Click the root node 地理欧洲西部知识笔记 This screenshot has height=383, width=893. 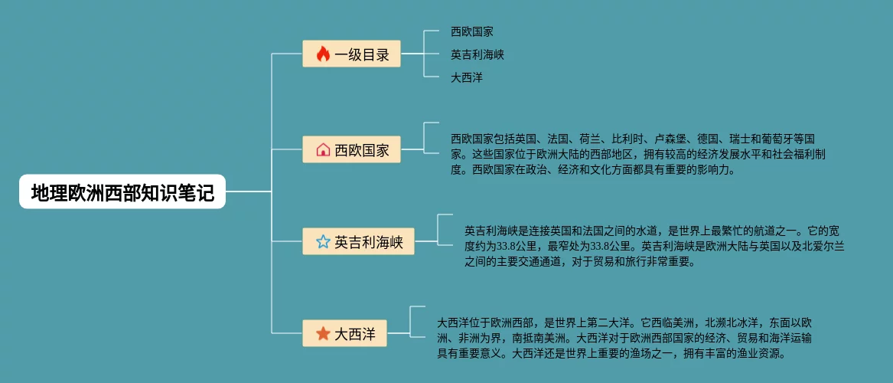pos(122,191)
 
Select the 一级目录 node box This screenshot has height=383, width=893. pos(351,54)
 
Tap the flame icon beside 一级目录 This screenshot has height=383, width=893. pos(322,54)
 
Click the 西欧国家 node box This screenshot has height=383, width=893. pos(351,149)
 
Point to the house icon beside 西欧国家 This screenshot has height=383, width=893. pos(323,149)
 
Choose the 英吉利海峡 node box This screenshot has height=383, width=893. pos(358,242)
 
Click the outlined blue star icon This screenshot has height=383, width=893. pos(323,242)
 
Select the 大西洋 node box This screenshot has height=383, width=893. pos(344,333)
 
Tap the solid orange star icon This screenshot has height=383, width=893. pos(323,333)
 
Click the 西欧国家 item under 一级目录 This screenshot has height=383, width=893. pos(471,32)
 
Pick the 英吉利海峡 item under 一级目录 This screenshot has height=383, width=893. pos(477,54)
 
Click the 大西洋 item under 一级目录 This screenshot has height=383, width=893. pos(466,77)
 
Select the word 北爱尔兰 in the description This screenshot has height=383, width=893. pos(823,246)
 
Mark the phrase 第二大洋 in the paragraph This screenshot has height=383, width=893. pos(608,322)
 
